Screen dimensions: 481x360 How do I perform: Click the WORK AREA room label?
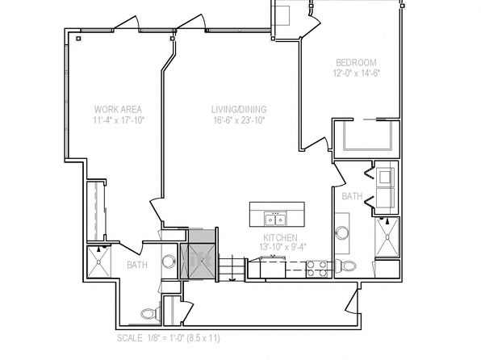pyautogui.click(x=118, y=110)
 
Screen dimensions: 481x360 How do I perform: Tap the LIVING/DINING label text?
pyautogui.click(x=239, y=110)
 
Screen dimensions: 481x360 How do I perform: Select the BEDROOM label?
pyautogui.click(x=356, y=63)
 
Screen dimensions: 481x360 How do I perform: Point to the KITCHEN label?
pyautogui.click(x=280, y=237)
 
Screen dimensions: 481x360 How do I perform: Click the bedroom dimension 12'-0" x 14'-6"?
pyautogui.click(x=357, y=73)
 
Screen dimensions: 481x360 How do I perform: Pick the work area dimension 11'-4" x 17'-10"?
pyautogui.click(x=119, y=120)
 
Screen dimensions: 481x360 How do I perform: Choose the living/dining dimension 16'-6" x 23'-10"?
pyautogui.click(x=239, y=120)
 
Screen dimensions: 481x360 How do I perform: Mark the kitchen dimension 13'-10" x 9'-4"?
pyautogui.click(x=281, y=247)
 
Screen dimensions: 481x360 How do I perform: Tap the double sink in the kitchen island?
pyautogui.click(x=275, y=219)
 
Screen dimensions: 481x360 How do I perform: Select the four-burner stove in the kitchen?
pyautogui.click(x=317, y=269)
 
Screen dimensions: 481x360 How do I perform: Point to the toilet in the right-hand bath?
pyautogui.click(x=345, y=266)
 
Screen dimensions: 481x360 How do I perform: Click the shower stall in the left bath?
pyautogui.click(x=98, y=262)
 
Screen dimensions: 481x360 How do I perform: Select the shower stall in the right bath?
pyautogui.click(x=387, y=237)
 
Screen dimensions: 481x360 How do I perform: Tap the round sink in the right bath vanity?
pyautogui.click(x=342, y=232)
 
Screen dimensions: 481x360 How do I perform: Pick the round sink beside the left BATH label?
pyautogui.click(x=168, y=262)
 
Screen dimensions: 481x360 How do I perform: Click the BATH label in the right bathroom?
pyautogui.click(x=352, y=196)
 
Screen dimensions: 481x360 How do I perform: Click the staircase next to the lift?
pyautogui.click(x=232, y=269)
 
